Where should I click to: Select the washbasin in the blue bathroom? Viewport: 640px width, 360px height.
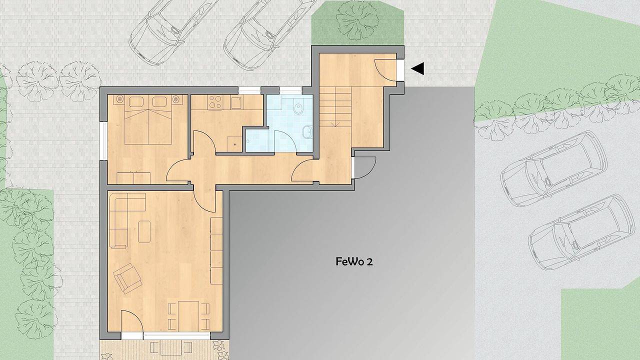pyautogui.click(x=306, y=132)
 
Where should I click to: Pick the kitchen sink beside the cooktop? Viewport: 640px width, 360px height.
pyautogui.click(x=235, y=103)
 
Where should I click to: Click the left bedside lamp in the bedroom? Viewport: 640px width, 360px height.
pyautogui.click(x=120, y=99)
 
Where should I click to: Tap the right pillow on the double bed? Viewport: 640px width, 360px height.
pyautogui.click(x=159, y=102)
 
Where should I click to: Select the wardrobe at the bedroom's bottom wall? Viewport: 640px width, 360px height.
pyautogui.click(x=134, y=178)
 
